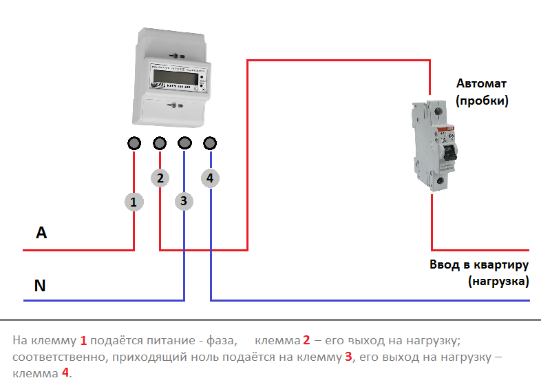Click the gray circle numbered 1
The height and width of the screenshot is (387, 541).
coord(134,202)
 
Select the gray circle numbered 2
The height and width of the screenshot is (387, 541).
coord(160,178)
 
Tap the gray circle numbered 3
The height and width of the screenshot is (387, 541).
coord(183,202)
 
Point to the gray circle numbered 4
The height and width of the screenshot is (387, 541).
coord(210,178)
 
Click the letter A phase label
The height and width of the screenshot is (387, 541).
coord(41,233)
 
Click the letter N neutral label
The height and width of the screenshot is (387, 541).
coord(40,285)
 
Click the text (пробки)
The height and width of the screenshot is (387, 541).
coord(482,101)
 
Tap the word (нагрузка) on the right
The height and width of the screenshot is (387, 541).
coord(497,282)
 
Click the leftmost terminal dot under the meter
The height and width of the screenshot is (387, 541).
coord(134,143)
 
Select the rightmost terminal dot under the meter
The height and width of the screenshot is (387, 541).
coord(211,143)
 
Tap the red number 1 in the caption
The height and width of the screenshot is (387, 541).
coord(83,341)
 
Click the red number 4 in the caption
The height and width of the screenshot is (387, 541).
coord(65,374)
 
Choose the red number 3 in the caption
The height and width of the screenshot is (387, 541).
coord(348,357)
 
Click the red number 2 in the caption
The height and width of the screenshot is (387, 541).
coord(306,341)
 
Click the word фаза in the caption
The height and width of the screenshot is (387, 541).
coord(220,341)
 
